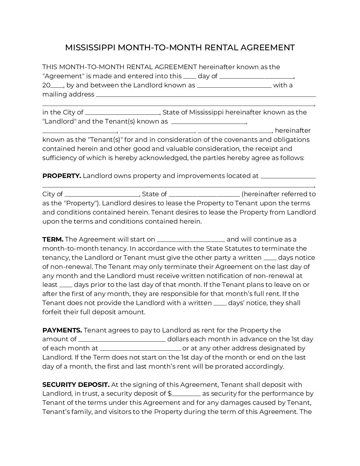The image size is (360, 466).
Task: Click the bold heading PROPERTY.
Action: (61, 176)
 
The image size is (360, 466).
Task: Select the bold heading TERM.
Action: (53, 239)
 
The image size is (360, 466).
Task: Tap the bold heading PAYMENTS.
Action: (62, 330)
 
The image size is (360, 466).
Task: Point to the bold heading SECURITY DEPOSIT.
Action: (76, 385)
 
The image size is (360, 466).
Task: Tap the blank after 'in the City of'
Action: (122, 113)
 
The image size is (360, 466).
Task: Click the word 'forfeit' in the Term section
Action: (52, 312)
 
